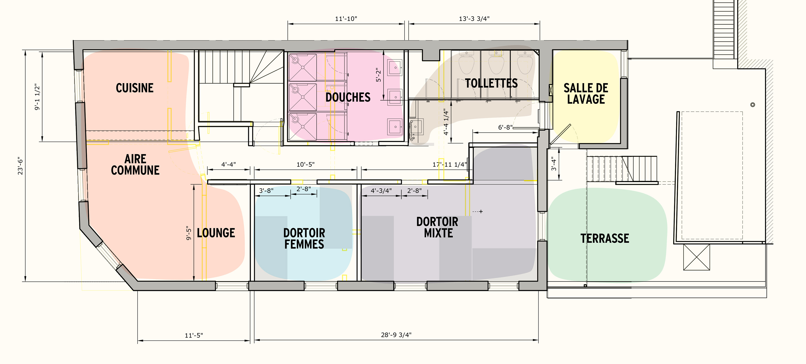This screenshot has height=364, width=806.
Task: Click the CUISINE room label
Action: [135, 88]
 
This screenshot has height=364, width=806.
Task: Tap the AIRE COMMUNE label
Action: [135, 165]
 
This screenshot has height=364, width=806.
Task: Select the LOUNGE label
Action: [216, 233]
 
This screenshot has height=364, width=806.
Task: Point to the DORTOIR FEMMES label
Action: [304, 238]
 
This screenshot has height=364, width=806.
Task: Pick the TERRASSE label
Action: [605, 238]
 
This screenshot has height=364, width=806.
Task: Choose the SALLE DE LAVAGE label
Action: [586, 94]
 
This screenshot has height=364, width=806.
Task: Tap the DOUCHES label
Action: [348, 97]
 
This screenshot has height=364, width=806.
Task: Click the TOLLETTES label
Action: [491, 83]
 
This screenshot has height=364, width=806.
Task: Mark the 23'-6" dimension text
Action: [20, 166]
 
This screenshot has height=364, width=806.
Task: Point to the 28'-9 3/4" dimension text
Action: [396, 335]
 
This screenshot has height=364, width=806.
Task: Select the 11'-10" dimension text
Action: [346, 19]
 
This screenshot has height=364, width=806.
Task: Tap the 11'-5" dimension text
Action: [194, 335]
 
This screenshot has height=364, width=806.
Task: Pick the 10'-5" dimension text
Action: [305, 164]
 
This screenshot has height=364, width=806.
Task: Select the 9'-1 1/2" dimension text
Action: [38, 97]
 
